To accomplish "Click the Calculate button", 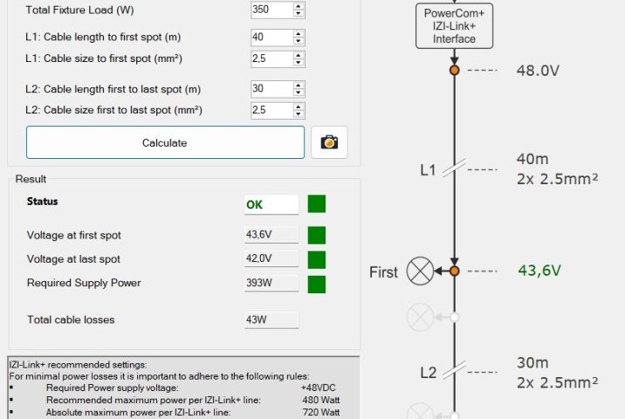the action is pyautogui.click(x=165, y=142).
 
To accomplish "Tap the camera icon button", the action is pyautogui.click(x=329, y=142).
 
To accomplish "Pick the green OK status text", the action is pyautogui.click(x=254, y=205).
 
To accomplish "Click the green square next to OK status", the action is pyautogui.click(x=317, y=203).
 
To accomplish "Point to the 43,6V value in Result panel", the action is pyautogui.click(x=259, y=235).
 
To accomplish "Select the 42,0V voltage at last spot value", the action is pyautogui.click(x=259, y=258).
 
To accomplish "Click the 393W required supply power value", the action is pyautogui.click(x=259, y=283).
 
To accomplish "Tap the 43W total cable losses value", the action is pyautogui.click(x=257, y=319).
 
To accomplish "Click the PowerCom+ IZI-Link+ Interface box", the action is pyautogui.click(x=454, y=26).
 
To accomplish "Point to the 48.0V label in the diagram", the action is pyautogui.click(x=538, y=71).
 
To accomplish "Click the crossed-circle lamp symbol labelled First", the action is pyautogui.click(x=420, y=271).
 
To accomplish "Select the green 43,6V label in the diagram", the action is pyautogui.click(x=539, y=271).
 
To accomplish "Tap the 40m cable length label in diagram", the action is pyautogui.click(x=532, y=159).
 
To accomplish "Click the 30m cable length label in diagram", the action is pyautogui.click(x=532, y=363).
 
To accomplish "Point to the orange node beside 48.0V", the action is pyautogui.click(x=455, y=70).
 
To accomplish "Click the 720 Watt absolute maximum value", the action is pyautogui.click(x=321, y=412).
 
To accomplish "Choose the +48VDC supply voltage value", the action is pyautogui.click(x=319, y=388).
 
